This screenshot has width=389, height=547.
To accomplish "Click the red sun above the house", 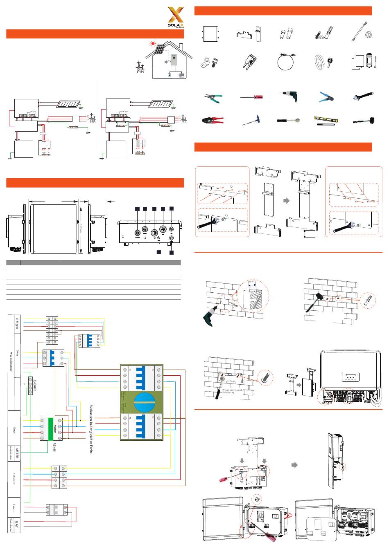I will (x=152, y=43).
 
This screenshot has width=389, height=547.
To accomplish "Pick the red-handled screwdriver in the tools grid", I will (x=251, y=97).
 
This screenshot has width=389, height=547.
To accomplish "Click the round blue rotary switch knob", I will (x=141, y=402).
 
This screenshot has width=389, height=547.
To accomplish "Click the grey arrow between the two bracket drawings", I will (x=287, y=201).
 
